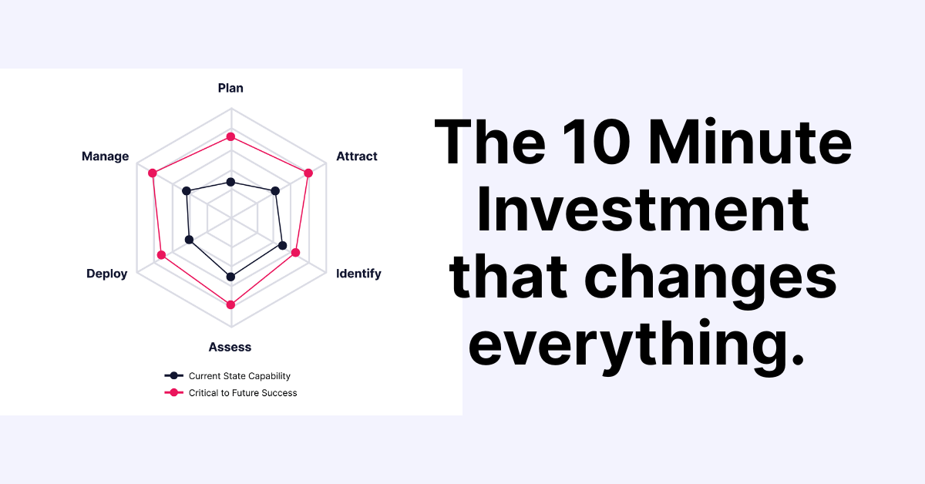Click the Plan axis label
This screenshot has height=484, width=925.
pos(230,88)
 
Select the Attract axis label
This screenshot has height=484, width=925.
pos(357,156)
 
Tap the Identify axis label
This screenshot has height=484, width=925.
pos(358,274)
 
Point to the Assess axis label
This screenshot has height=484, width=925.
pos(230,347)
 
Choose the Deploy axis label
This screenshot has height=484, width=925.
pos(106,274)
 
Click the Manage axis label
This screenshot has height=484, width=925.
pos(105,156)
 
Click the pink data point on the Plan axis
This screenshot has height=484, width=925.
pos(230,136)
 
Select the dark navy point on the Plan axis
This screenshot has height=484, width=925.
pos(230,182)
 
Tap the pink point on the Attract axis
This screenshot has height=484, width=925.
pos(308,173)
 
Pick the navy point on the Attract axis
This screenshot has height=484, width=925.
pos(275,191)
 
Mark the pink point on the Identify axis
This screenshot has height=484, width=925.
pos(295,252)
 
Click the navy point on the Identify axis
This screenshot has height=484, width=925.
pos(282,245)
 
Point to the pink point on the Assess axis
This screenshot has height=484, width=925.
pos(230,304)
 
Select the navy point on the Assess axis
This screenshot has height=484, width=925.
pos(230,277)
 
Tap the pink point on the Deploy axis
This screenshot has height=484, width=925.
pos(161,255)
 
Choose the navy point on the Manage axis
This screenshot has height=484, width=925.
pos(187,191)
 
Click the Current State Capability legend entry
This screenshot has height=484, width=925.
pos(227,376)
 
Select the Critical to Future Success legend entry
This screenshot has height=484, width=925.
pos(230,393)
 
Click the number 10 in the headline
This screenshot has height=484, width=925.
pos(597,143)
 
